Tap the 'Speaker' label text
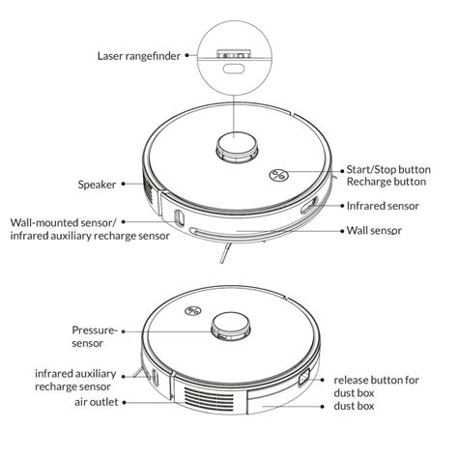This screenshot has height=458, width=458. (x=100, y=184)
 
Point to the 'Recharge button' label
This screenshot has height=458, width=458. (x=387, y=183)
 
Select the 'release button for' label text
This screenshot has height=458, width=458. (x=377, y=380)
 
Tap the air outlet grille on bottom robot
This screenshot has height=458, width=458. (x=205, y=395)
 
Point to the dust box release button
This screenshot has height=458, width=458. (x=306, y=377)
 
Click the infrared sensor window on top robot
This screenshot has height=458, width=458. (x=308, y=205)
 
